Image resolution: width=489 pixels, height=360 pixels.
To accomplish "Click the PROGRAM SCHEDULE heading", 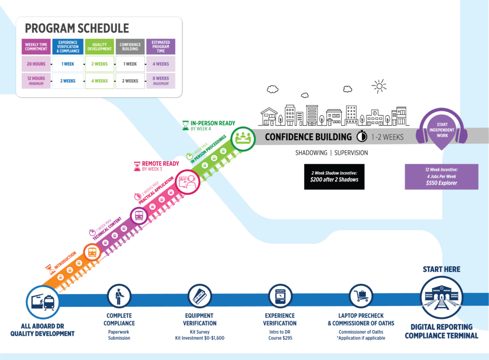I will [x=76, y=28].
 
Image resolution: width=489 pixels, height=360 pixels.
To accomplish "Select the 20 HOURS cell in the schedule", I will [x=36, y=64].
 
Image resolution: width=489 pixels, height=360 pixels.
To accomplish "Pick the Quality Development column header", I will [x=99, y=46].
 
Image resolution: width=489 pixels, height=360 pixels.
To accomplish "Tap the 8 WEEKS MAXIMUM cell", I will [x=160, y=81].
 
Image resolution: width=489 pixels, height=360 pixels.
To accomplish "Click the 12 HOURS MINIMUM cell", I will [x=36, y=81].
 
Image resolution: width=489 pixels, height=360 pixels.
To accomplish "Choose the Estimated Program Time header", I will [x=160, y=46].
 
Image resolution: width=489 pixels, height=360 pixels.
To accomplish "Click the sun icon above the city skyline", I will [x=378, y=86].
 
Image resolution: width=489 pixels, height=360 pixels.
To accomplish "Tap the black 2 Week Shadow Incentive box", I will [x=334, y=177].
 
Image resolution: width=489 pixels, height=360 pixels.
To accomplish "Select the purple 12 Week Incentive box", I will [x=441, y=177].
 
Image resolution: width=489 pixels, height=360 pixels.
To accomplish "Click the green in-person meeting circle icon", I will [x=243, y=138].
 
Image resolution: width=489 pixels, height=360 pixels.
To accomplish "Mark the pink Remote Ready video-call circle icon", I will [x=187, y=182].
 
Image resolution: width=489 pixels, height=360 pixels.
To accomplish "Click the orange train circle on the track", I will [x=92, y=252].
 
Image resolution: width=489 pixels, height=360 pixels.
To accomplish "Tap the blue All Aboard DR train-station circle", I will [x=43, y=301].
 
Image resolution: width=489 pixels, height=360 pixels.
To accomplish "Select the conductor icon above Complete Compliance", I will [x=119, y=296].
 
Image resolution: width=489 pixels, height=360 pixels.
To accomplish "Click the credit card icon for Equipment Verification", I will [x=199, y=296].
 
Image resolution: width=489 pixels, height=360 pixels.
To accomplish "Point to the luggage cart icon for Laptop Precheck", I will [x=361, y=296].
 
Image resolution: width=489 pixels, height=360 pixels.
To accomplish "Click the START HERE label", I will [x=442, y=269].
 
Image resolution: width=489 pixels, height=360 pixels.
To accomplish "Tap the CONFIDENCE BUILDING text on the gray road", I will [x=308, y=137].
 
